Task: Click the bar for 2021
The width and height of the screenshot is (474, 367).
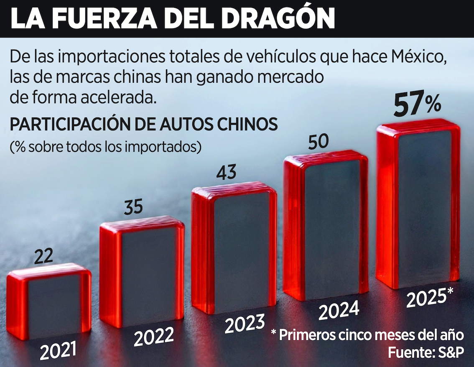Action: tap(49, 303)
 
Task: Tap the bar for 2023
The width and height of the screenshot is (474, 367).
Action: tap(234, 249)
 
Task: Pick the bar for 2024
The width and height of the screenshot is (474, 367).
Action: tap(326, 226)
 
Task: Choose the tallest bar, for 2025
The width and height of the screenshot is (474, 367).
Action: tap(418, 205)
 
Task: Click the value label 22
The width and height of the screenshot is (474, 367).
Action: tap(43, 256)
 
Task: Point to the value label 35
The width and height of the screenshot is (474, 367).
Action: tap(134, 207)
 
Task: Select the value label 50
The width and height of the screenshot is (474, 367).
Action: tap(319, 143)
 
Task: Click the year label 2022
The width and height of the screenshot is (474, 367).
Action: tap(154, 337)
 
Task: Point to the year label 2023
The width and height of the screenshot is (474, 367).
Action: tap(245, 324)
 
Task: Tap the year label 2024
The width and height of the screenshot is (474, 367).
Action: tap(339, 310)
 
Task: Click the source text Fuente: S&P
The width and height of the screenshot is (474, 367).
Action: tap(425, 352)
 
